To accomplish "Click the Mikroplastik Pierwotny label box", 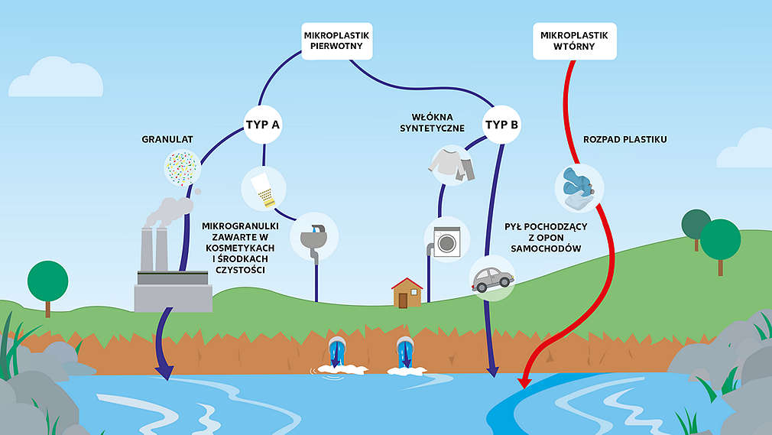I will click(x=337, y=43).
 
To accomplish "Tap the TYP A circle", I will click(x=263, y=123).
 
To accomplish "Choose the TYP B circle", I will click(x=501, y=123).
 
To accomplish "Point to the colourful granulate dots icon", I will click(x=183, y=167).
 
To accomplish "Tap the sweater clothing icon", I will click(x=452, y=165).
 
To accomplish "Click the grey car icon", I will click(x=491, y=278).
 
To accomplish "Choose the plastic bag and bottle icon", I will click(x=579, y=187).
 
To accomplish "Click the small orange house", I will click(x=407, y=293).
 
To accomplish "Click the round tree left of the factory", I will click(x=47, y=283).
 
